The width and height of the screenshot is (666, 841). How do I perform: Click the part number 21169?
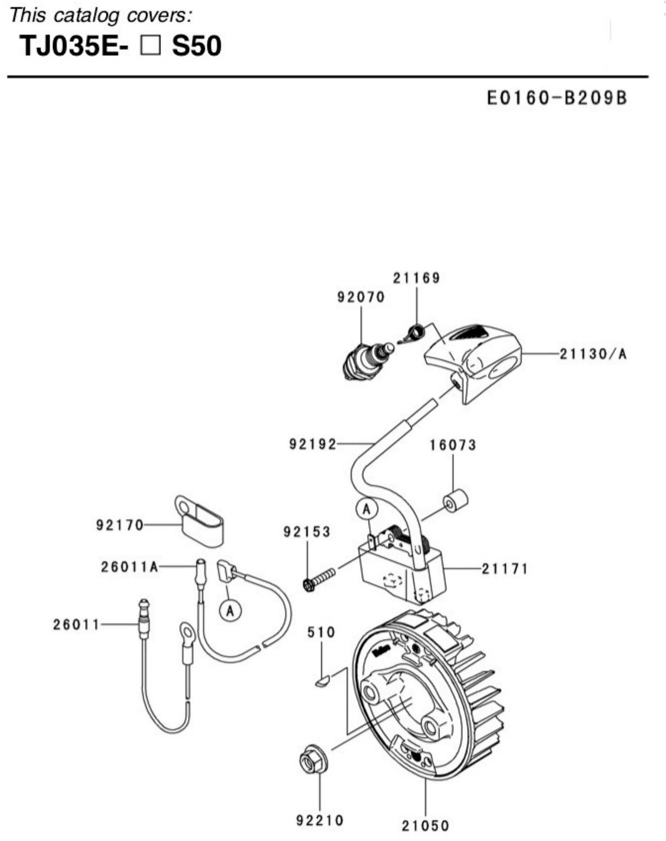click(x=416, y=278)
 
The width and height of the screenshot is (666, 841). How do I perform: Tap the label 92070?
click(x=361, y=298)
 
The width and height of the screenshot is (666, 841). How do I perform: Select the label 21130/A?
click(x=593, y=354)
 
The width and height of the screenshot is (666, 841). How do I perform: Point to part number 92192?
click(x=312, y=444)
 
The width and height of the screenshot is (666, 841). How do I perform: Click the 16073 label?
click(x=453, y=445)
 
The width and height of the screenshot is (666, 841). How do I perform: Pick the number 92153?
click(x=307, y=532)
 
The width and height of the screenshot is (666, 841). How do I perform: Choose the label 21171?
click(x=505, y=569)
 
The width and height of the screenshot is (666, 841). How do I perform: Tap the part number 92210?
click(x=320, y=820)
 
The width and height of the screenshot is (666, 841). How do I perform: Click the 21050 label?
click(x=426, y=826)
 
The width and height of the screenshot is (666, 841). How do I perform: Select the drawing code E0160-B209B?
click(x=557, y=98)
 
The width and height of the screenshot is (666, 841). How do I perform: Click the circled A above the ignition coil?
click(x=366, y=509)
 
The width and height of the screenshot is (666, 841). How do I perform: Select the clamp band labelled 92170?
click(x=199, y=521)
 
